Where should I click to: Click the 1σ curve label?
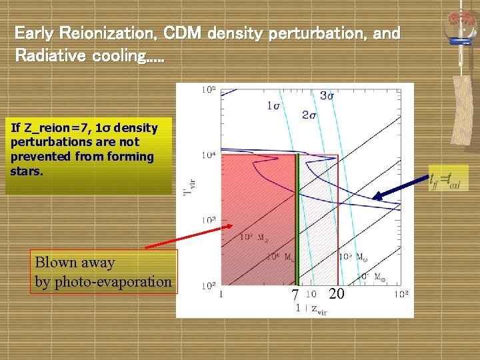pyautogui.click(x=273, y=105)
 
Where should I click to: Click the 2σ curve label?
pyautogui.click(x=309, y=115)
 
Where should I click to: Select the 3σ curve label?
pyautogui.click(x=327, y=96)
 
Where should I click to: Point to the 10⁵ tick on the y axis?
pyautogui.click(x=207, y=89)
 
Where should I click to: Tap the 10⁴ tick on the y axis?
pyautogui.click(x=207, y=155)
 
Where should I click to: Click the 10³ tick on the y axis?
pyautogui.click(x=207, y=220)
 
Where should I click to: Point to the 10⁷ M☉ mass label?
pyautogui.click(x=254, y=236)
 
